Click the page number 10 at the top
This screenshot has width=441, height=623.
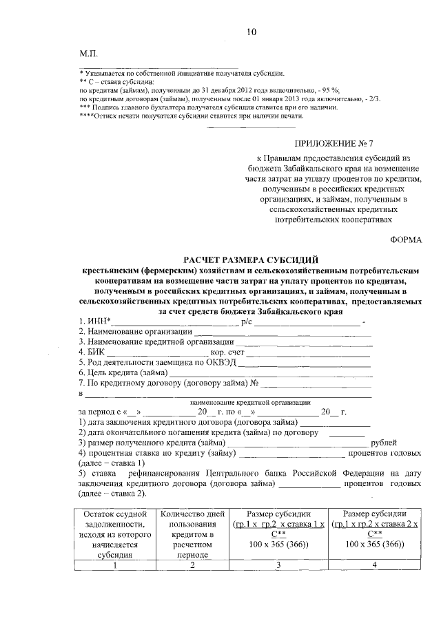(251, 32)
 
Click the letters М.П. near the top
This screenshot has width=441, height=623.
(89, 53)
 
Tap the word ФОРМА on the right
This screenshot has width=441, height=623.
(406, 240)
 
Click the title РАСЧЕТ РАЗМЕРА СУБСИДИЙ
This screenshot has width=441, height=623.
(250, 260)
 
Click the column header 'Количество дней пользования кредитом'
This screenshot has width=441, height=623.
(192, 534)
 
